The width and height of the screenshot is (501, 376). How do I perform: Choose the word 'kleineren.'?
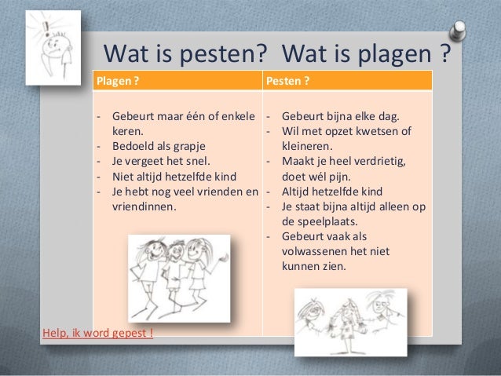[x=310, y=146]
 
